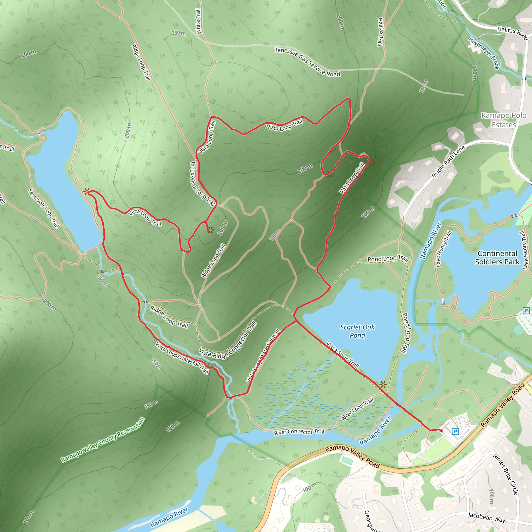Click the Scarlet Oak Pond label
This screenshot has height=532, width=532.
pyautogui.click(x=357, y=331)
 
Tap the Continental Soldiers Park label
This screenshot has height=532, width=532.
pyautogui.click(x=497, y=257)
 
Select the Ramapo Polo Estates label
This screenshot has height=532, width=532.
pyautogui.click(x=504, y=120)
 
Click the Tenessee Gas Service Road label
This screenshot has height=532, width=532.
pyautogui.click(x=307, y=62)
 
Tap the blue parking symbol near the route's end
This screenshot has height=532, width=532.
pyautogui.click(x=455, y=431)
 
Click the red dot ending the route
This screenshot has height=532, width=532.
pyautogui.click(x=441, y=431)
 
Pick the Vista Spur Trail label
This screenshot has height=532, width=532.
pyautogui.click(x=343, y=355)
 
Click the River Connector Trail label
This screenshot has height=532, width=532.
pyautogui.click(x=299, y=432)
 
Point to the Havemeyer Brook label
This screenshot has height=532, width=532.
pyautogui.click(x=484, y=54)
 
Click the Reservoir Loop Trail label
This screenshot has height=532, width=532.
pyautogui.click(x=43, y=208)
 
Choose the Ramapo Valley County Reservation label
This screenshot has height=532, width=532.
pyautogui.click(x=103, y=440)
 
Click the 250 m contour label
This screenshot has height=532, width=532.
pyautogui.click(x=179, y=33)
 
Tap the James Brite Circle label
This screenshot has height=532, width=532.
pyautogui.click(x=505, y=474)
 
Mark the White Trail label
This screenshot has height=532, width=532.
pyautogui.click(x=198, y=22)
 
